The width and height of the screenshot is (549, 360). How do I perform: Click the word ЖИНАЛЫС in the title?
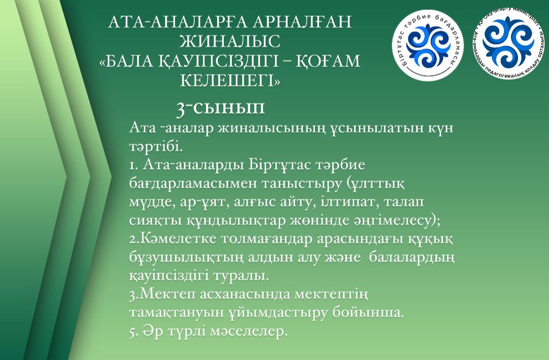tap(229, 41)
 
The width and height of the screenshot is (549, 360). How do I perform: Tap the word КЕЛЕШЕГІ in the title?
tap(230, 80)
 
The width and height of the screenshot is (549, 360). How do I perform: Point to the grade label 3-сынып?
tap(221, 108)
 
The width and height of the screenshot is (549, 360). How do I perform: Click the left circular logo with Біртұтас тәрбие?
tap(428, 44)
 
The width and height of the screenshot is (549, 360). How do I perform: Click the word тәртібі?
tap(156, 146)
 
